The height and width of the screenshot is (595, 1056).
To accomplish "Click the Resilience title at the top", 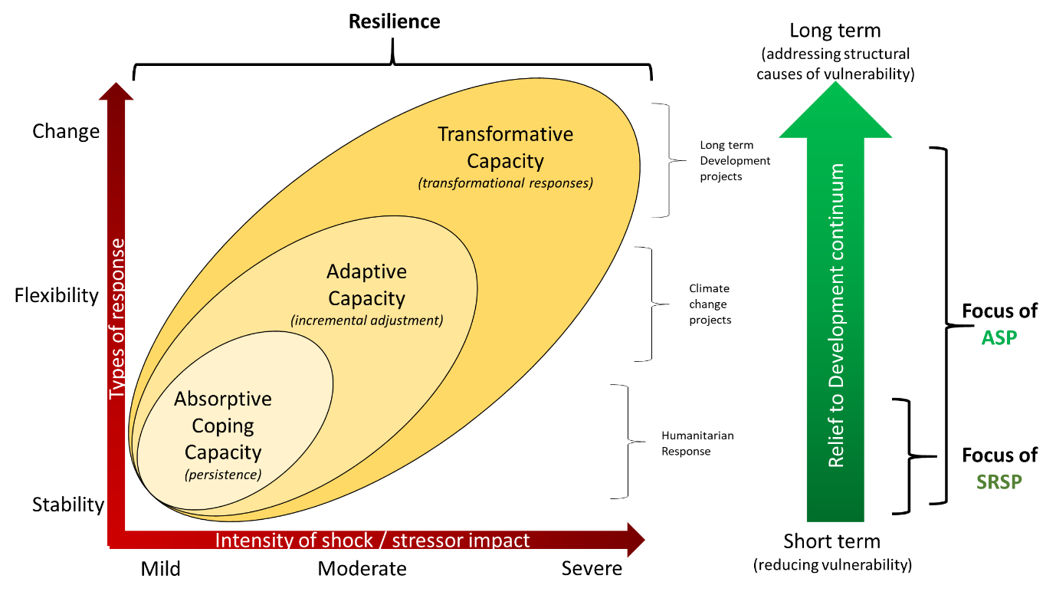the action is [x=394, y=21].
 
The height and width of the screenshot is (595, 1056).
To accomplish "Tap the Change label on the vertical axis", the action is [x=66, y=131].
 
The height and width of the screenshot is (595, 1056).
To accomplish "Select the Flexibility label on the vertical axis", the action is [x=57, y=296].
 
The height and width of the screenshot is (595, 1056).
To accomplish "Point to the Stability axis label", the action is [x=68, y=505].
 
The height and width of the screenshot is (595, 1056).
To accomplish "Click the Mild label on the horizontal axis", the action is [x=160, y=569].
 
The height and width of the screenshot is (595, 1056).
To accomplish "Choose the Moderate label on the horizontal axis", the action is [x=362, y=569].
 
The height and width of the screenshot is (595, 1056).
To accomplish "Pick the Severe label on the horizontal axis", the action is [x=592, y=569].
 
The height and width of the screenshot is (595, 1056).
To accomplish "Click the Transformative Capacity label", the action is [x=505, y=148].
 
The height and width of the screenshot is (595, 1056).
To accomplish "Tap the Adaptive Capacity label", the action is [x=367, y=285].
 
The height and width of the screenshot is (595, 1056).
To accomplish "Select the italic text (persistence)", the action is [x=223, y=474].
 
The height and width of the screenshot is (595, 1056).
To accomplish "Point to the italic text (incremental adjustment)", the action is [x=367, y=321].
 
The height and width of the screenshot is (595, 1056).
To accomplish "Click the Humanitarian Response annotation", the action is [x=697, y=443].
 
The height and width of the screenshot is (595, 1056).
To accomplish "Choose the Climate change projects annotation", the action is [x=710, y=304].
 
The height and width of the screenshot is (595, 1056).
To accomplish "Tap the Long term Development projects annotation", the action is [x=735, y=160].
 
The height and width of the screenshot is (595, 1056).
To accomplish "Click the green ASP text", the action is [x=999, y=338].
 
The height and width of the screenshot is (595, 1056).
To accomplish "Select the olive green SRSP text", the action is [x=999, y=482].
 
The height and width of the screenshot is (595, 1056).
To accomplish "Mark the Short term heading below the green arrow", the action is [x=832, y=541].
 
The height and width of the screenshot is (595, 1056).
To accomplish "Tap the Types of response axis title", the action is [x=117, y=319].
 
